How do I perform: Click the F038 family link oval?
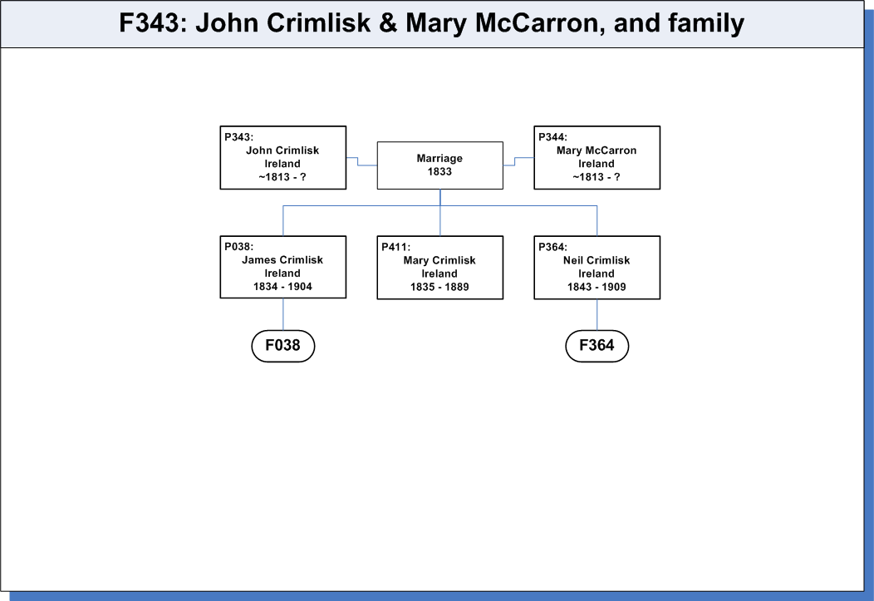pyautogui.click(x=283, y=346)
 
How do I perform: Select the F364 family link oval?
pyautogui.click(x=597, y=346)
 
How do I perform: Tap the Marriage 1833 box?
pyautogui.click(x=439, y=165)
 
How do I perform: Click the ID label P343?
pyautogui.click(x=238, y=137)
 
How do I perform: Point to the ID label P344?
pyautogui.click(x=552, y=137)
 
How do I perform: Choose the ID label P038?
pyautogui.click(x=238, y=246)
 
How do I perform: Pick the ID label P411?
pyautogui.click(x=395, y=247)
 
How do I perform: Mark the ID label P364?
pyautogui.click(x=552, y=247)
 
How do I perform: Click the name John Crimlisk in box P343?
pyautogui.click(x=282, y=150)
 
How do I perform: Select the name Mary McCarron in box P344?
pyautogui.click(x=597, y=150)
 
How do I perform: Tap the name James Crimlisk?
pyautogui.click(x=282, y=260)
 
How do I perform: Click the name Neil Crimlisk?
pyautogui.click(x=597, y=260)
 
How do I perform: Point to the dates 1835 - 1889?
pyautogui.click(x=439, y=287)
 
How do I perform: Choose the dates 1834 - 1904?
pyautogui.click(x=282, y=287)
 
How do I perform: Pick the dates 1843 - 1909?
pyautogui.click(x=597, y=287)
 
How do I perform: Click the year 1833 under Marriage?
pyautogui.click(x=439, y=172)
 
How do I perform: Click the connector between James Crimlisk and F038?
pyautogui.click(x=283, y=314)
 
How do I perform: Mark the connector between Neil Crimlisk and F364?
pyautogui.click(x=597, y=315)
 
